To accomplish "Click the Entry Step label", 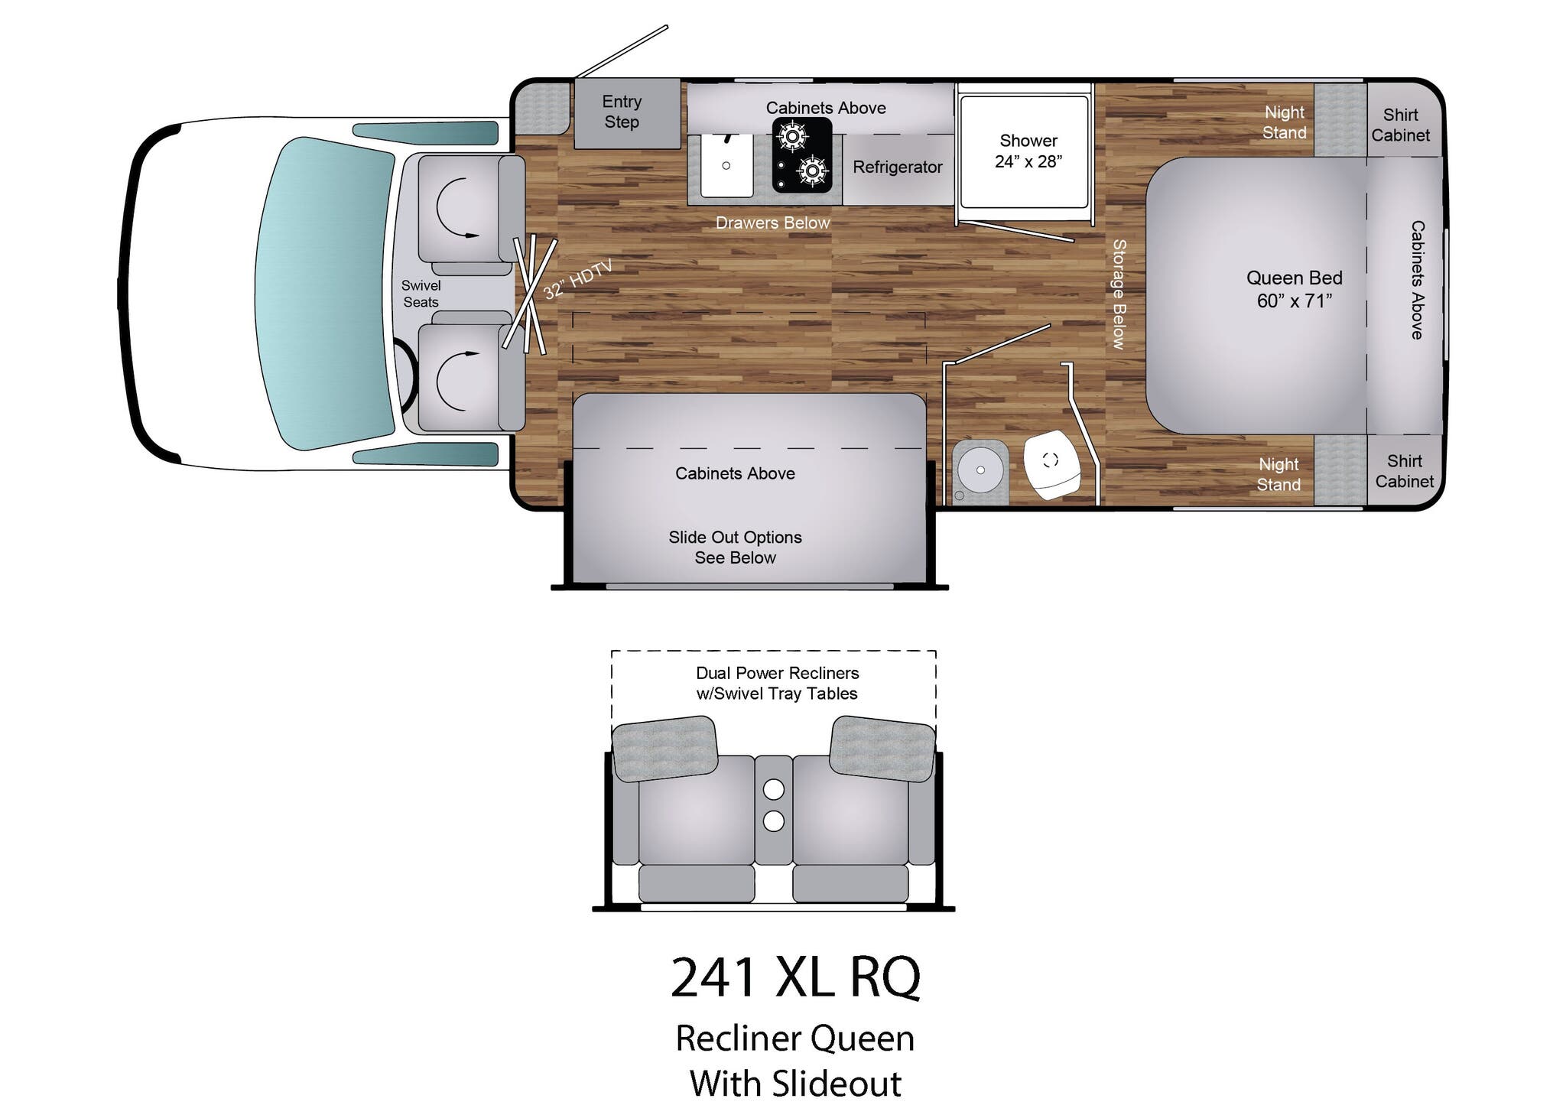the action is pyautogui.click(x=621, y=112).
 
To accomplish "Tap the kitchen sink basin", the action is pyautogui.click(x=726, y=165).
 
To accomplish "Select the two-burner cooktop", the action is pyautogui.click(x=801, y=154).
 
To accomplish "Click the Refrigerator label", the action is pyautogui.click(x=897, y=167).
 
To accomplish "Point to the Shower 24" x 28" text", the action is pyautogui.click(x=1028, y=151).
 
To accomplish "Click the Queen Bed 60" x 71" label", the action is pyautogui.click(x=1294, y=289).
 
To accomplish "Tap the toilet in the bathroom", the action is pyautogui.click(x=1051, y=463).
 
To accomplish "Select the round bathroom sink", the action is pyautogui.click(x=980, y=469).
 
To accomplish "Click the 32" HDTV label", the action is pyautogui.click(x=577, y=280).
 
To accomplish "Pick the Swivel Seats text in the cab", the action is pyautogui.click(x=421, y=294).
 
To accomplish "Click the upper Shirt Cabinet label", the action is pyautogui.click(x=1400, y=125).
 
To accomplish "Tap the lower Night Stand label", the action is pyautogui.click(x=1278, y=474).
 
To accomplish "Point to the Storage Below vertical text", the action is pyautogui.click(x=1119, y=294).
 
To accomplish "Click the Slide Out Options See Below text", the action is pyautogui.click(x=735, y=548).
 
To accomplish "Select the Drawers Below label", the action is pyautogui.click(x=772, y=223).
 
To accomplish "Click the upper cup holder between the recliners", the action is pyautogui.click(x=773, y=788).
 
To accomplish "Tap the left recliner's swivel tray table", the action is pyautogui.click(x=664, y=748).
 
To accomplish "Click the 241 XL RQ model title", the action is pyautogui.click(x=795, y=977).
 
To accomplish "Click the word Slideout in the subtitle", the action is pyautogui.click(x=836, y=1084).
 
